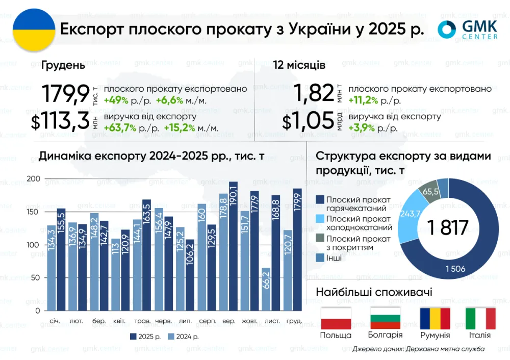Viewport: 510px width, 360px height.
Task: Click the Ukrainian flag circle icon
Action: pos(33,30)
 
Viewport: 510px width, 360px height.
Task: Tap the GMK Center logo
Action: pos(468,30)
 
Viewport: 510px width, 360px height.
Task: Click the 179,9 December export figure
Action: pos(65,95)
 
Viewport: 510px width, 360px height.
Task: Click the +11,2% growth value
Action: pos(363,100)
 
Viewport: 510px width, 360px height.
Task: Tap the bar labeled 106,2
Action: pos(190,275)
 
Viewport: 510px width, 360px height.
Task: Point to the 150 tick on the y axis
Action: pos(33,212)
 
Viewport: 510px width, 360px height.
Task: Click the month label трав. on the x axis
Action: pos(142,321)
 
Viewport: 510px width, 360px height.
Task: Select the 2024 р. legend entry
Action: pos(183,337)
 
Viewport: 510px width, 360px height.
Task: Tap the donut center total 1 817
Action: pos(448,228)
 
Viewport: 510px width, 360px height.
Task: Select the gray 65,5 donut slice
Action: pos(428,192)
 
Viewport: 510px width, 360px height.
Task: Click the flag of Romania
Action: pos(435,318)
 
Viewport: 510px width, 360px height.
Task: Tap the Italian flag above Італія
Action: pos(480,318)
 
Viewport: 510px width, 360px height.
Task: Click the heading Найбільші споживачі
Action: pos(374,292)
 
